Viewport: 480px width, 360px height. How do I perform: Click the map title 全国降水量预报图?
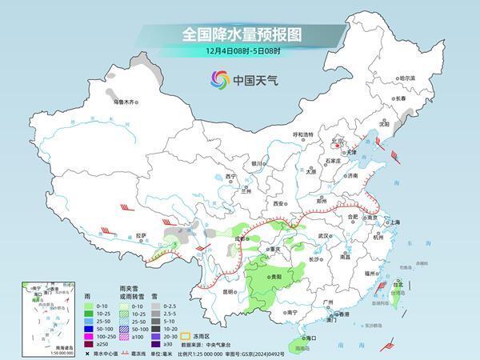tap(239, 34)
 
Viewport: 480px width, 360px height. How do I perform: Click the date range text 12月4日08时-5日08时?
tap(239, 52)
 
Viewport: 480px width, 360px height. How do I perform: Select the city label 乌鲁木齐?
tap(125, 102)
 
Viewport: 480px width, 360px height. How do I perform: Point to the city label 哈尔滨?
tap(407, 78)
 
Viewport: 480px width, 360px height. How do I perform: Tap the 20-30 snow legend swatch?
tap(157, 336)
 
